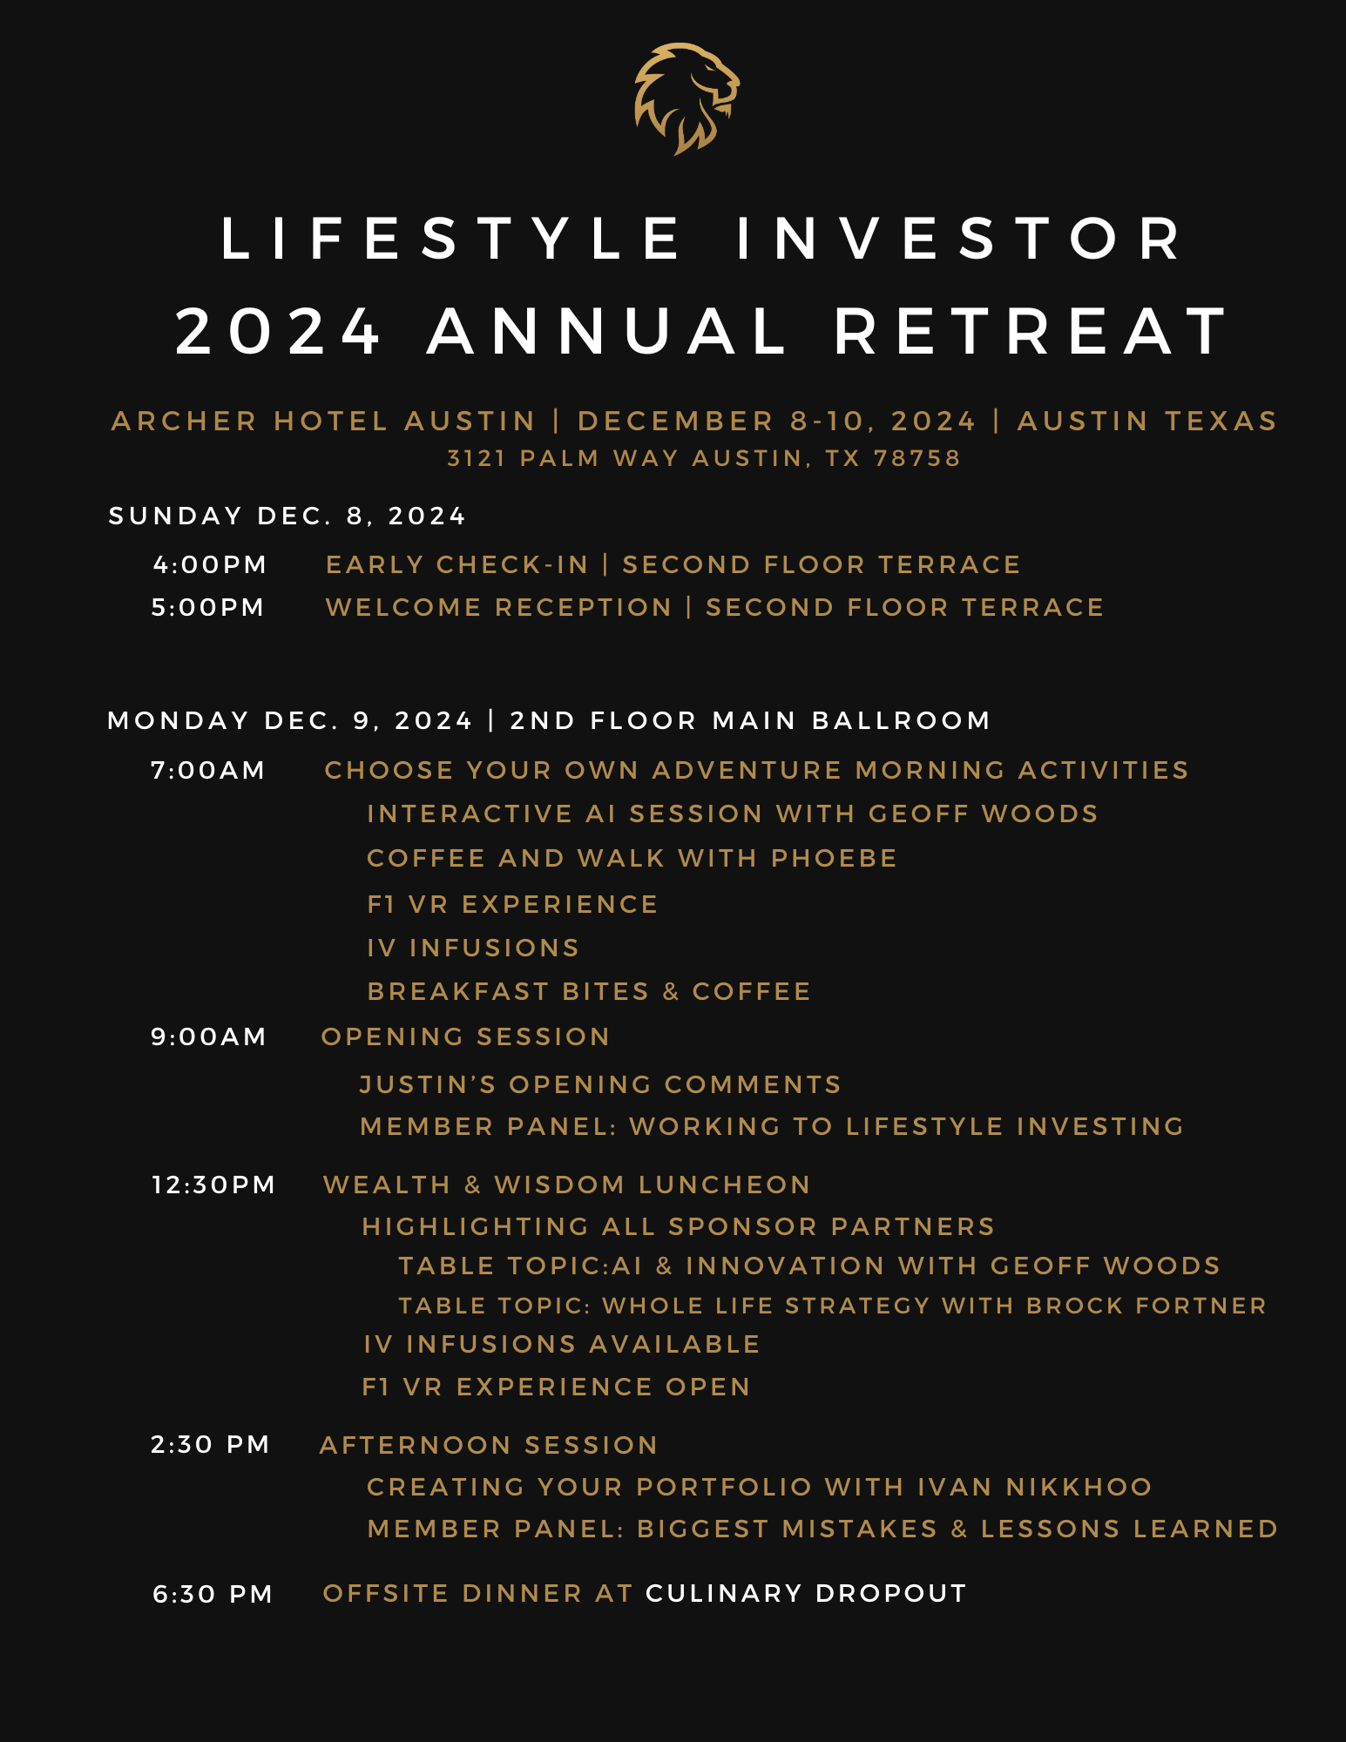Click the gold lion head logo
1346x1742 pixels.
[x=687, y=98]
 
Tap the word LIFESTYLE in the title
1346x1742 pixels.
[x=451, y=239]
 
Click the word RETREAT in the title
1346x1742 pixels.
[x=1031, y=332]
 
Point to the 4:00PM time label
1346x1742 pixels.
[x=209, y=564]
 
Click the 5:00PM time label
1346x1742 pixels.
[x=208, y=607]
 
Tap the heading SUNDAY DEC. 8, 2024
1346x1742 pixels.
[x=287, y=516]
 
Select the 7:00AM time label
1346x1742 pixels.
[x=208, y=770]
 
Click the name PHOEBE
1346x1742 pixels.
[x=834, y=858]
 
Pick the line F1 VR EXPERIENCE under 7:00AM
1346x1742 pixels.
[x=512, y=904]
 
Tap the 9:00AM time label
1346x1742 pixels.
[x=208, y=1036]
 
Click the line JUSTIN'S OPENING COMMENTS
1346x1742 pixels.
[x=600, y=1084]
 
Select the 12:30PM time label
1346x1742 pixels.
[x=213, y=1185]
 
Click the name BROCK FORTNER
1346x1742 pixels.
[x=1146, y=1306]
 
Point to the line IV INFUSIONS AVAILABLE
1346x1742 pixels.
[x=562, y=1344]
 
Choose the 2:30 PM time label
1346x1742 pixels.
[x=210, y=1444]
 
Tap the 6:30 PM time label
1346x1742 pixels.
[x=213, y=1594]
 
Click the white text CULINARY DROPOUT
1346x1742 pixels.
[x=806, y=1593]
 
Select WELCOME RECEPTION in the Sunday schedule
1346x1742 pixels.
[x=498, y=607]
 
